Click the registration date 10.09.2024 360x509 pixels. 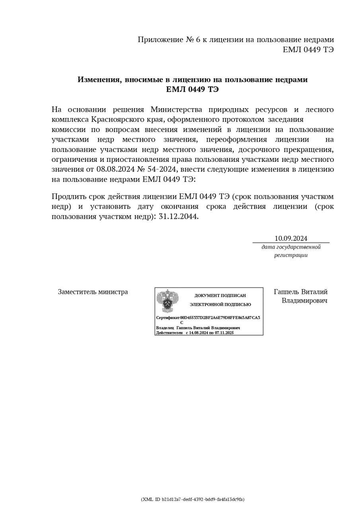291,239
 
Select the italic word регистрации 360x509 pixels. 291,255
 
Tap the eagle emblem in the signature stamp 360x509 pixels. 165,301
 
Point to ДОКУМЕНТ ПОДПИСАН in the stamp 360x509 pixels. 220,295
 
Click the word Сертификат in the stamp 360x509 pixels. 167,318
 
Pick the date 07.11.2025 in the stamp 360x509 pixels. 224,332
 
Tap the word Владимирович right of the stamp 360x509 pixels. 305,301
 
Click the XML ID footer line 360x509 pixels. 193,499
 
